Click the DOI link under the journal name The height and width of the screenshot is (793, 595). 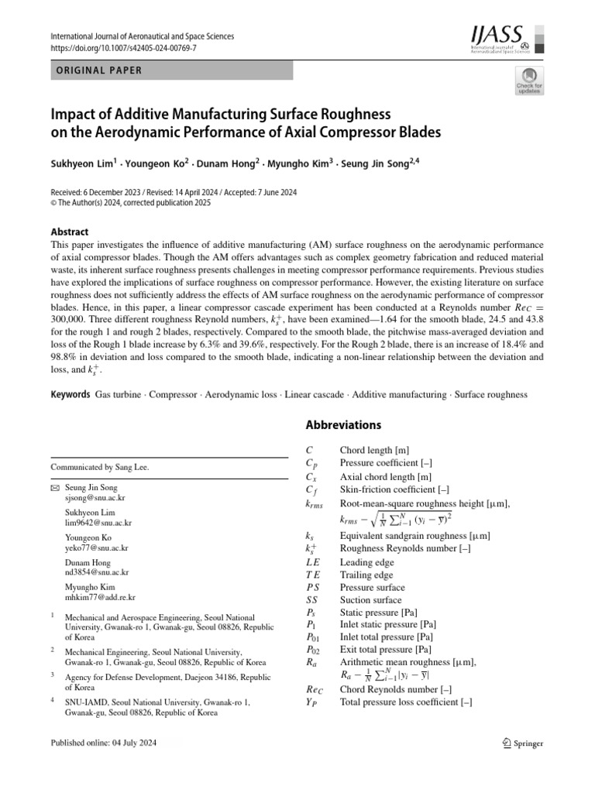pyautogui.click(x=123, y=48)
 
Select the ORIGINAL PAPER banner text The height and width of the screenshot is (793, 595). pyautogui.click(x=97, y=70)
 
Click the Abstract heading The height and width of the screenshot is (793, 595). pyautogui.click(x=69, y=232)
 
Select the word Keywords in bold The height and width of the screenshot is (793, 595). pyautogui.click(x=71, y=394)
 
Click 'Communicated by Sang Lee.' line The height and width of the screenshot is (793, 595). pyautogui.click(x=99, y=467)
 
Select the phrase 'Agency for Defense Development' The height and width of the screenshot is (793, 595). pyautogui.click(x=126, y=675)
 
